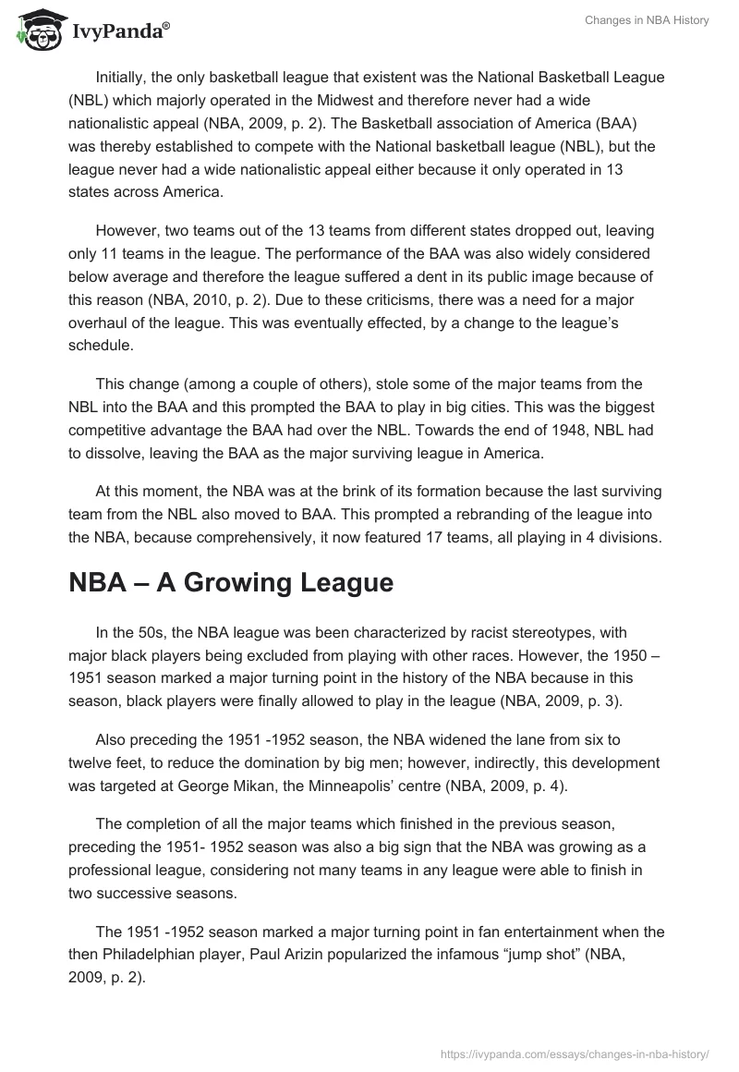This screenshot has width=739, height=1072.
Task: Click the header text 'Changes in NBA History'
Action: (x=647, y=20)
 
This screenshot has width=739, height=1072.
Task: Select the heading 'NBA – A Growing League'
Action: (x=231, y=583)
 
